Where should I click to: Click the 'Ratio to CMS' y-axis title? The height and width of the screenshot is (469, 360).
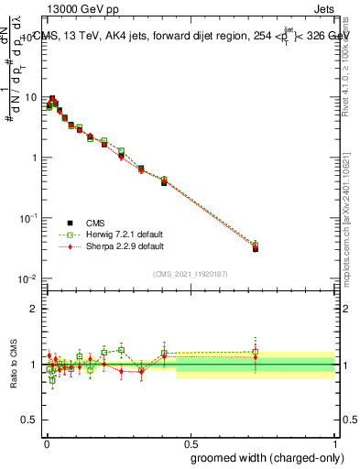click(x=15, y=364)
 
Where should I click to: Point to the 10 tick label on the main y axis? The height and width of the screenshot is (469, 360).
click(x=31, y=97)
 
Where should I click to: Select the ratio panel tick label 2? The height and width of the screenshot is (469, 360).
click(x=36, y=309)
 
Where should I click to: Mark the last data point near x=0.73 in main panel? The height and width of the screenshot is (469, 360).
click(x=256, y=248)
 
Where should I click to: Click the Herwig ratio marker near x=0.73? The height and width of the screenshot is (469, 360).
click(x=256, y=352)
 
